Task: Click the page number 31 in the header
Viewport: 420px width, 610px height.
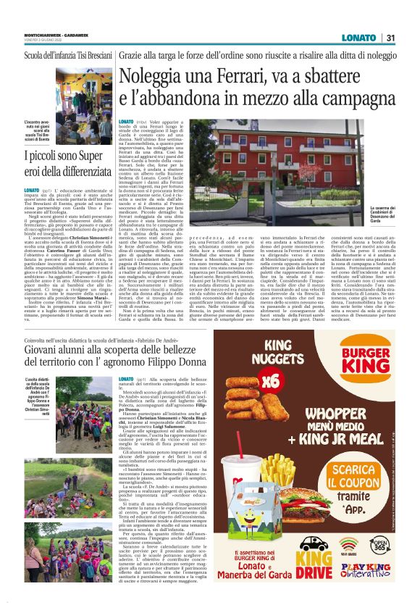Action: pyautogui.click(x=390, y=38)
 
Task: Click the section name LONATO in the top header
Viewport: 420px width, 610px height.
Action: pyautogui.click(x=359, y=38)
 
